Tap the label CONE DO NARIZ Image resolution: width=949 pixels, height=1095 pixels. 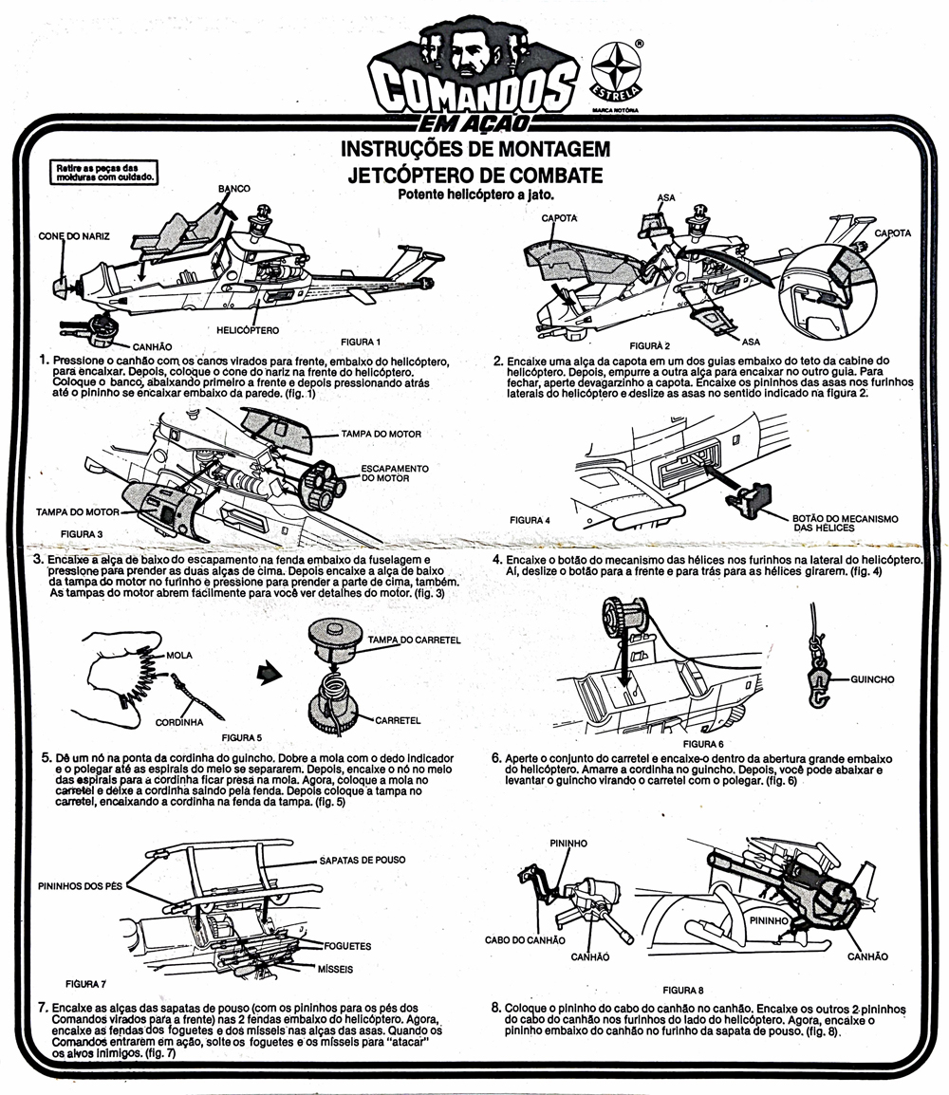[x=74, y=236]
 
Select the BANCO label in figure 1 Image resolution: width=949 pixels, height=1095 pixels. [x=234, y=189]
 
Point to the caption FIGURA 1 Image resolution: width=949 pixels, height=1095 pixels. [x=361, y=342]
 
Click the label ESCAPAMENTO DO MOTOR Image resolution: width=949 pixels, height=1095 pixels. [x=395, y=473]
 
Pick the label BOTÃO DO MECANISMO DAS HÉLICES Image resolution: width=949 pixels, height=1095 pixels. [x=845, y=523]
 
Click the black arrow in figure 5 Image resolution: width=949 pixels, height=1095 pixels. [x=270, y=673]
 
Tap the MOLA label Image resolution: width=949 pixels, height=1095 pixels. [x=179, y=655]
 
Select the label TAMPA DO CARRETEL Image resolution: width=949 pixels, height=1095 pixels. [x=414, y=640]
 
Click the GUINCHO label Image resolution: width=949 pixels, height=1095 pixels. [x=872, y=678]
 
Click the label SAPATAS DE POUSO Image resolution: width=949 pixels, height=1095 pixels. [x=363, y=860]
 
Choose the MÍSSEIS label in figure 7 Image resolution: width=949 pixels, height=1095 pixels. [x=335, y=970]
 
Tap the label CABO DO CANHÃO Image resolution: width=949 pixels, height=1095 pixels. [x=525, y=940]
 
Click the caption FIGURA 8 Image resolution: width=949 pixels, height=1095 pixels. [x=683, y=991]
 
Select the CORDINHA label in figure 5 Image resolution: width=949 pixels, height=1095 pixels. [x=179, y=722]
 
